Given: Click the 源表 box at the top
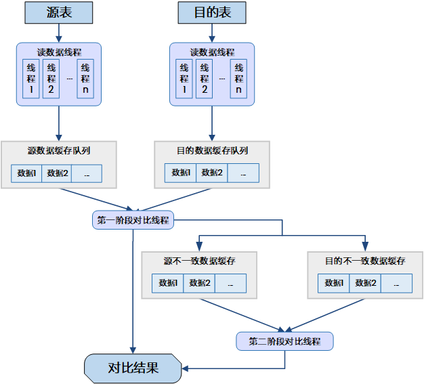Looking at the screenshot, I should pyautogui.click(x=59, y=12).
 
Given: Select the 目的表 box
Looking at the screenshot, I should pyautogui.click(x=211, y=12).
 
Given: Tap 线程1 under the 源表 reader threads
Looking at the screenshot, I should pyautogui.click(x=31, y=79).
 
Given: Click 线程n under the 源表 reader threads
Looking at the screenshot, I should pyautogui.click(x=85, y=79).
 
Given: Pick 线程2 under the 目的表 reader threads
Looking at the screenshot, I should pyautogui.click(x=204, y=79).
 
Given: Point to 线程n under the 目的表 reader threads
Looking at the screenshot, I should pyautogui.click(x=238, y=79).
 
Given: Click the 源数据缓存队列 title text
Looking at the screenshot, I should pyautogui.click(x=59, y=150).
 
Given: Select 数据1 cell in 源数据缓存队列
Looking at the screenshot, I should pyautogui.click(x=27, y=173).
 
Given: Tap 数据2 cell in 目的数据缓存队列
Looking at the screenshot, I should pyautogui.click(x=211, y=173).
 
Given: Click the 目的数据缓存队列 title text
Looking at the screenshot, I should pyautogui.click(x=212, y=150).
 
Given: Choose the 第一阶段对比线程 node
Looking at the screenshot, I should pyautogui.click(x=133, y=220).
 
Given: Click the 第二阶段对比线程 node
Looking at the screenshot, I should pyautogui.click(x=284, y=341).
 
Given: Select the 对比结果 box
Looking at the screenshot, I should pyautogui.click(x=133, y=368).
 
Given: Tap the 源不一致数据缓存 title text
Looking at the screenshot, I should pyautogui.click(x=199, y=261).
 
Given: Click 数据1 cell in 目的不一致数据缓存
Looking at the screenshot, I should pyautogui.click(x=333, y=283).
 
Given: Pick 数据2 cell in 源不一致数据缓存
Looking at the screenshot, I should pyautogui.click(x=199, y=283).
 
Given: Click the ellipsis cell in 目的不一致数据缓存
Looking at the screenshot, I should pyautogui.click(x=396, y=283).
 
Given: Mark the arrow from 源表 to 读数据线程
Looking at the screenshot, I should pyautogui.click(x=59, y=33).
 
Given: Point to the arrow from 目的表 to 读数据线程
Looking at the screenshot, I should pyautogui.click(x=211, y=33).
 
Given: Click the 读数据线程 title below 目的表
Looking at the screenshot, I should pyautogui.click(x=212, y=52).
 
